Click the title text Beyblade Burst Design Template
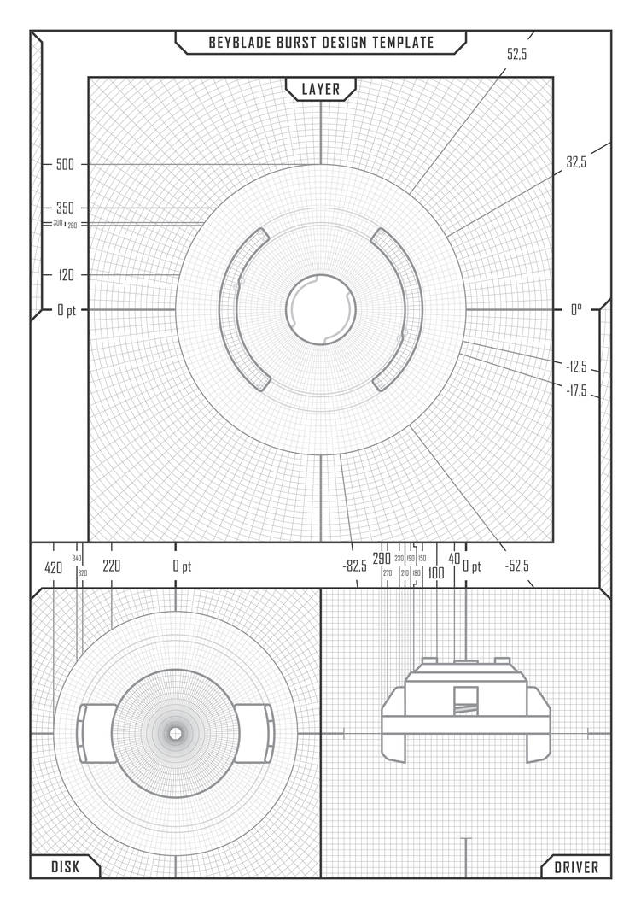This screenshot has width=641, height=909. point(321,42)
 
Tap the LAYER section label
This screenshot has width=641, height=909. point(321,89)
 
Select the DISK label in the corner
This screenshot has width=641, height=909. point(65,867)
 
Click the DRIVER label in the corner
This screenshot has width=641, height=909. point(577,867)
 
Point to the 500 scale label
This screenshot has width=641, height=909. point(65,165)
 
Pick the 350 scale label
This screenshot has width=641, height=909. point(65,208)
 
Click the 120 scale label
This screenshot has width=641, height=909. point(66,275)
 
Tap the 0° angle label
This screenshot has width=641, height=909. point(576,310)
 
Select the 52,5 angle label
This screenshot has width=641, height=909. point(517,54)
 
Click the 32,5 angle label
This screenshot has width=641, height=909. point(576,162)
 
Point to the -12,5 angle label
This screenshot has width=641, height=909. point(576,367)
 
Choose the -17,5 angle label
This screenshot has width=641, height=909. point(576,390)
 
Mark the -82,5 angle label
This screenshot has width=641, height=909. point(354,566)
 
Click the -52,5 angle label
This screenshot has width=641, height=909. point(516,566)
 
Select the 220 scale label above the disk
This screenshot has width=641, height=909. point(111,566)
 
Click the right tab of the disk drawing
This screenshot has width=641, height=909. point(253,733)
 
